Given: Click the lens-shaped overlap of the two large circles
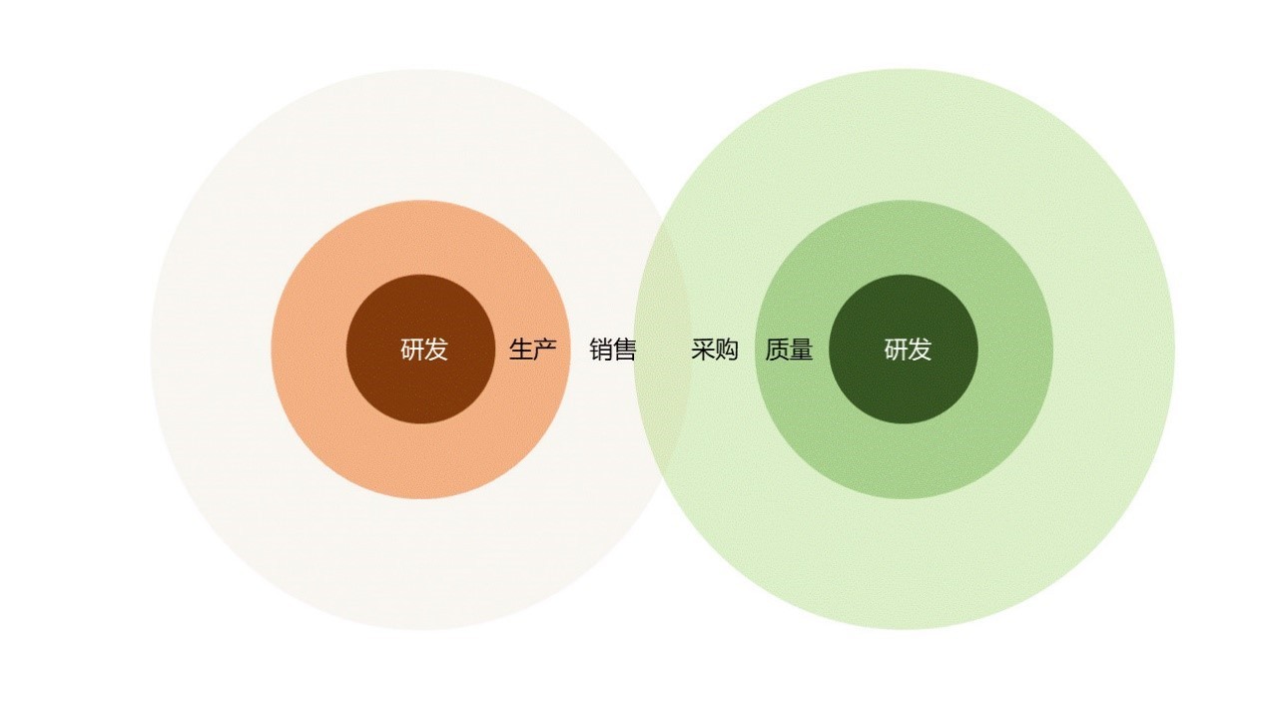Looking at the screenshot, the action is coord(663,407).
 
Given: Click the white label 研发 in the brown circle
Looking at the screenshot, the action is coord(424,350).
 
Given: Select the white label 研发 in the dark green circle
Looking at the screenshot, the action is coord(908,350).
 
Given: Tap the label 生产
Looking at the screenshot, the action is coord(533,350).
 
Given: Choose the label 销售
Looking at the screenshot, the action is coord(613,350).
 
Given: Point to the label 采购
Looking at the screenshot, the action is coord(715,350).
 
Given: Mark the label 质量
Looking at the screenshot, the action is coord(789,350).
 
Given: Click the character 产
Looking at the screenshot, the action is coord(545,350).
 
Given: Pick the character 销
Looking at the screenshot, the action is coord(601,350).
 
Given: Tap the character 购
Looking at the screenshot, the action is coord(727,350).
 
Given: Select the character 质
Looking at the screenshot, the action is coord(777,350).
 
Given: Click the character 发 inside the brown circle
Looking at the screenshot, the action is coord(437,350).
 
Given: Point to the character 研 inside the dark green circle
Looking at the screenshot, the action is coord(896,350).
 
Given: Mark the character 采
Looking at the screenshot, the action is coord(703,350).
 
